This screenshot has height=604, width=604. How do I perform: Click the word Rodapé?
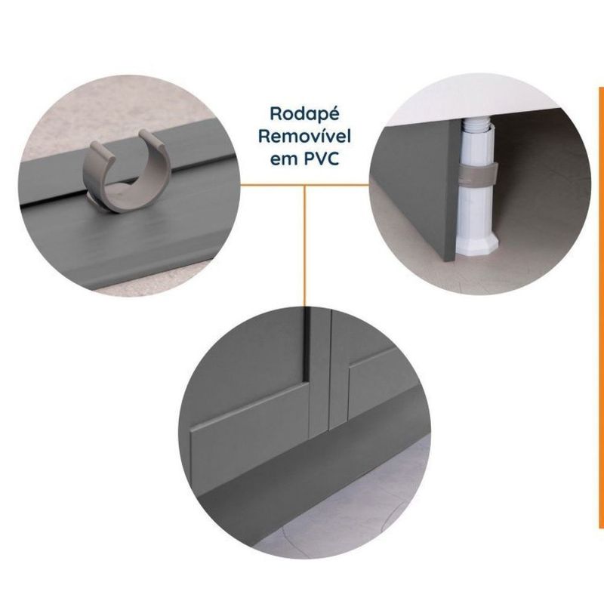pos(304,115)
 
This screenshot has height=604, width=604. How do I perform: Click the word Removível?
pos(304,137)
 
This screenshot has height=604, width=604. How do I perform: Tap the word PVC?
pos(322,159)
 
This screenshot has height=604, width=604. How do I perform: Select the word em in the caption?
pos(285,160)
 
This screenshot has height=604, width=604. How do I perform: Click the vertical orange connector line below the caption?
pos(304,246)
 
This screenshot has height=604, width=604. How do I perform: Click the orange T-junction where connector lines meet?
pos(304,185)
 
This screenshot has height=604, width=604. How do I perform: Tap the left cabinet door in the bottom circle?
pos(247,385)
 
